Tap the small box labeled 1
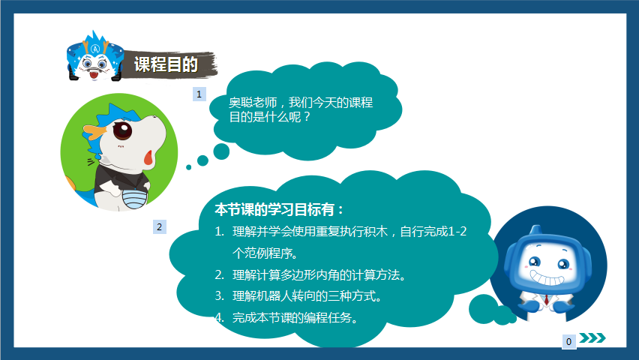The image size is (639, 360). [x=199, y=94]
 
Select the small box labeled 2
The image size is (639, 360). [x=159, y=226]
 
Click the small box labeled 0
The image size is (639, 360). [x=569, y=341]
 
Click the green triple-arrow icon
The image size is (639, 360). [x=593, y=338]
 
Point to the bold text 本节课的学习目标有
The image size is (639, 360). [x=280, y=208]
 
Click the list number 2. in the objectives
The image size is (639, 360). [x=219, y=274]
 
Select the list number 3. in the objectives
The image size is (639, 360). [x=219, y=295]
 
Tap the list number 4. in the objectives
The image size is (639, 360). [x=219, y=317]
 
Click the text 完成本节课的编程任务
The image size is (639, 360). [x=294, y=317]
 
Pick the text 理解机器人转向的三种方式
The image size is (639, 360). [x=307, y=295]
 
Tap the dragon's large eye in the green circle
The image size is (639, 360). [x=121, y=131]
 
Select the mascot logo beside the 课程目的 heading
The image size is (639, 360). [x=94, y=57]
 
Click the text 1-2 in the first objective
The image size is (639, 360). [x=457, y=232]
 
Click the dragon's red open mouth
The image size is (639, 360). [x=148, y=157]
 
